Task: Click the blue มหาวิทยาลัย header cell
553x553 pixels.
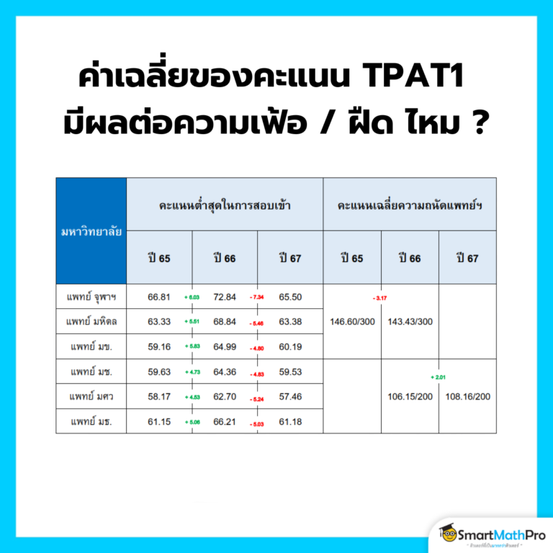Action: point(91,231)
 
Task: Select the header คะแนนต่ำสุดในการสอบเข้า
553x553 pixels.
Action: point(225,204)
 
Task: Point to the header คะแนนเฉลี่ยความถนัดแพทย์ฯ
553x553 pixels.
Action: point(409,204)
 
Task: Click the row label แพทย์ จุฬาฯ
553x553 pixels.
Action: point(91,297)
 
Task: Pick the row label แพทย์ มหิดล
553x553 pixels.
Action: point(91,321)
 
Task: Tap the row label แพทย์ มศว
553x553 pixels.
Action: point(91,396)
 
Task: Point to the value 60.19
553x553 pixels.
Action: point(290,346)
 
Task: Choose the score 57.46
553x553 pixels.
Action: point(290,396)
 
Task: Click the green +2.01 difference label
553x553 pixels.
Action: point(439,377)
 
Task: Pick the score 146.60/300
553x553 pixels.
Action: point(352,322)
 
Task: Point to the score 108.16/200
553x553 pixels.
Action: point(467,397)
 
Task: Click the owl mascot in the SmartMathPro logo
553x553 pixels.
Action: point(450,534)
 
